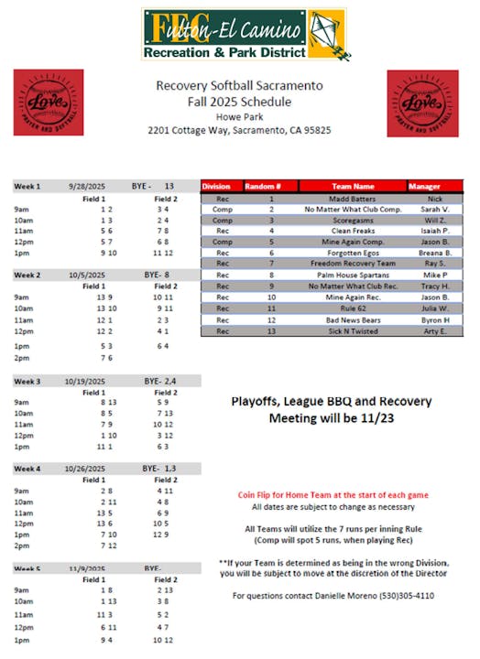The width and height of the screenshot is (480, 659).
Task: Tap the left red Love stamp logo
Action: coord(48,103)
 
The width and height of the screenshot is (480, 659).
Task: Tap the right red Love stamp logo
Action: coord(422,103)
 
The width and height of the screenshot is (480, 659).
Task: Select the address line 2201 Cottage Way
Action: coord(239,131)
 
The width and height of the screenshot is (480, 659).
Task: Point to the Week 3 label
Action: coord(27,379)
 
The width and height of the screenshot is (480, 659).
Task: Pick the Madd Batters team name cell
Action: coord(353,199)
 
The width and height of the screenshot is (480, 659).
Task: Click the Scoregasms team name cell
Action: coord(353,221)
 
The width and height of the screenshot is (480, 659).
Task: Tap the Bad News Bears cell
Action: coord(353,320)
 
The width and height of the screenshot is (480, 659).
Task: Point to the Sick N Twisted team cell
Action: coord(353,331)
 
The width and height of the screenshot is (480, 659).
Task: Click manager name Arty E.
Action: coord(434,331)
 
